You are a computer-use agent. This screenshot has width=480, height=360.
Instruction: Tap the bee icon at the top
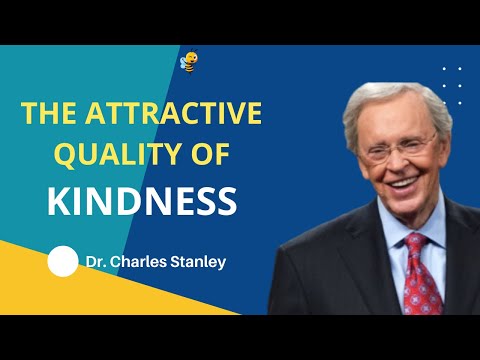coord(188,61)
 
